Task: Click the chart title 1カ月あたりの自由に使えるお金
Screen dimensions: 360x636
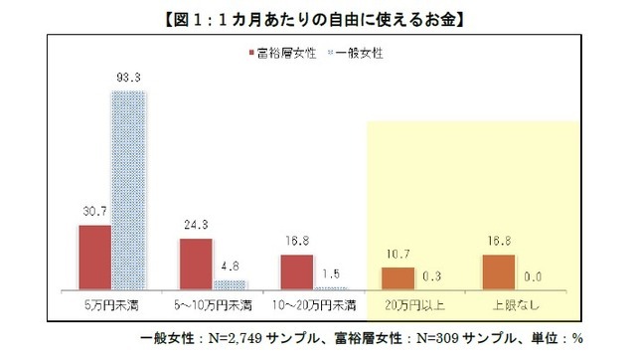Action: (318, 18)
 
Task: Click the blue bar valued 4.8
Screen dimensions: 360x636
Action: (231, 283)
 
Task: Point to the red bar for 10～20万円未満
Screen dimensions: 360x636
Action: (297, 270)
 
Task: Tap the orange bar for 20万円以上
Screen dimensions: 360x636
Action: (398, 277)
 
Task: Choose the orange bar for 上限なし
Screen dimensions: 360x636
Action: (499, 270)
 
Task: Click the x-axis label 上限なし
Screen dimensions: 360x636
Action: (516, 300)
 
